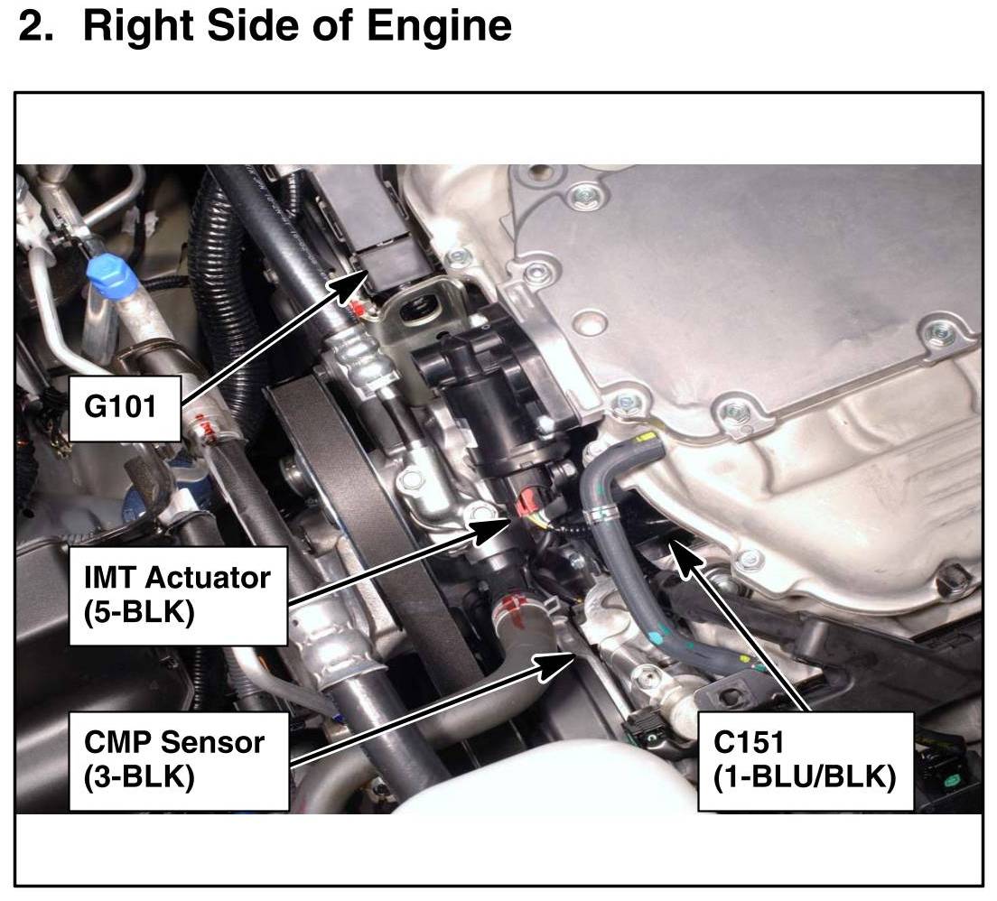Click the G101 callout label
(125, 408)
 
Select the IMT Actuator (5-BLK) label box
(178, 596)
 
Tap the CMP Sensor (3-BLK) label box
(179, 760)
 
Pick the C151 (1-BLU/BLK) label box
(805, 760)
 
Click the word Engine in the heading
(440, 27)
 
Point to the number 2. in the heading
(36, 27)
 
